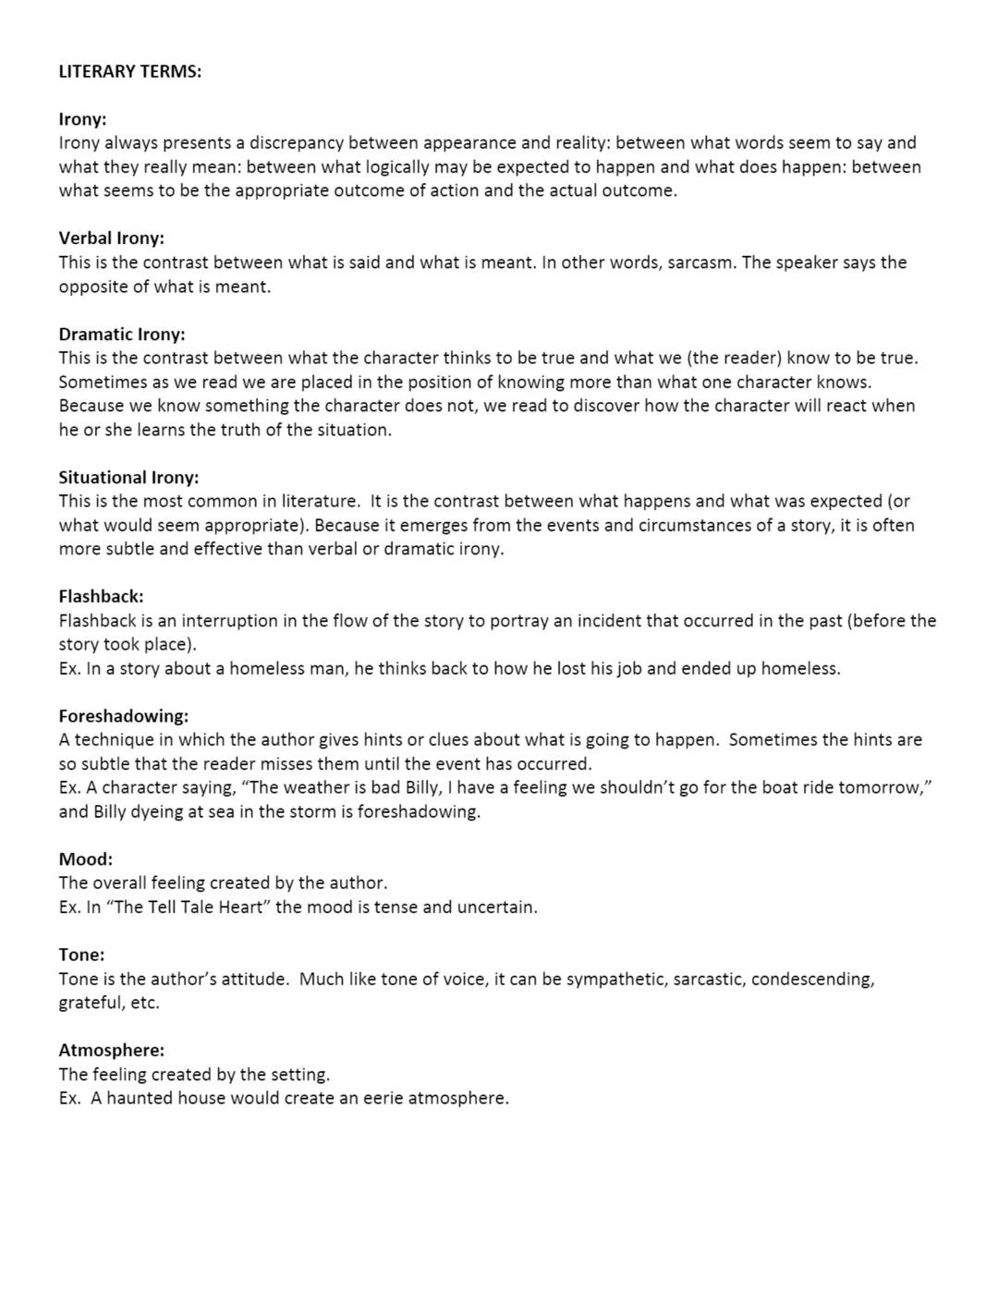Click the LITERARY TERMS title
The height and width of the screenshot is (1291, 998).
coord(129,71)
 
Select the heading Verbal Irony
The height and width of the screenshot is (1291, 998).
coord(111,237)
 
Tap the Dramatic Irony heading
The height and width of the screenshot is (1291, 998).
coord(121,334)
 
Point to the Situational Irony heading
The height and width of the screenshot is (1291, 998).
coord(128,477)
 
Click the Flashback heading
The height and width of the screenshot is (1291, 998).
coord(101,596)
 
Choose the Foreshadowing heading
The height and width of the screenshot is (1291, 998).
coord(123,715)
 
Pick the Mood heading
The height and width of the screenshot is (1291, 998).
coord(85,859)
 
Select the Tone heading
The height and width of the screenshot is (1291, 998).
coord(81,954)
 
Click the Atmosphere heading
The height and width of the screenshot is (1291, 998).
coord(111,1050)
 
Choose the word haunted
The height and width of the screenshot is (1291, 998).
coord(139,1098)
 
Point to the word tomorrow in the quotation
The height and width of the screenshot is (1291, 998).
coord(882,787)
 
